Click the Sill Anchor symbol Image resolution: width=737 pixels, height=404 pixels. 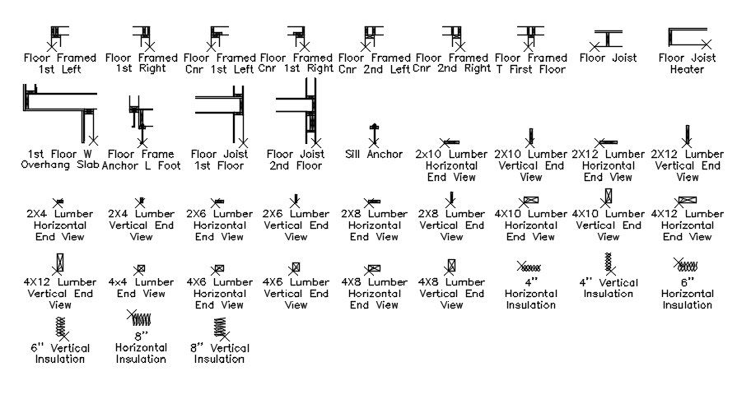click(x=374, y=132)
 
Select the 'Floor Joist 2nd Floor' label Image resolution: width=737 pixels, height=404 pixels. click(x=294, y=160)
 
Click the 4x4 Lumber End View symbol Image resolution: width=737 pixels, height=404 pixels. click(x=141, y=268)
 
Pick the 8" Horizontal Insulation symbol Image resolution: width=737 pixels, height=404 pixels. click(x=143, y=318)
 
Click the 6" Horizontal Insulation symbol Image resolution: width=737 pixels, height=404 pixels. click(x=686, y=264)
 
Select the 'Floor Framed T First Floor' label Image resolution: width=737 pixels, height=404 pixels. click(x=531, y=64)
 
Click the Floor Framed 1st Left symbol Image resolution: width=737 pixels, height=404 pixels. click(x=59, y=36)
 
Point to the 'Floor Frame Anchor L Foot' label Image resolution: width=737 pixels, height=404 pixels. click(x=141, y=160)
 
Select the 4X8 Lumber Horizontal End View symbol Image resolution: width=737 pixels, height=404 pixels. click(x=374, y=268)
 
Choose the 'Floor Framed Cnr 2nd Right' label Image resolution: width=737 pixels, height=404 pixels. click(x=452, y=64)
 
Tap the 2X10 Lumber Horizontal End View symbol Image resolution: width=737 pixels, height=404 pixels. click(x=450, y=142)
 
